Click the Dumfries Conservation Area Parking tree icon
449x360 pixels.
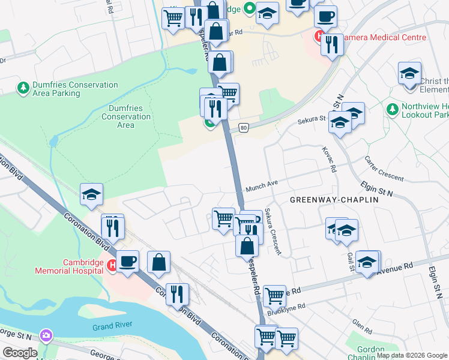point(23,89)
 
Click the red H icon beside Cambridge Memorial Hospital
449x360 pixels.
point(112,265)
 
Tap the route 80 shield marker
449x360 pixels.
point(243,127)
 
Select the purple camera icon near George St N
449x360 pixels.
point(45,334)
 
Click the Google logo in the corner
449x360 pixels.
point(19,353)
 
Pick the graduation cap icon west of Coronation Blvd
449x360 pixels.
point(92,194)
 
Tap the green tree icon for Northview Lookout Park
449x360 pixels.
point(393,110)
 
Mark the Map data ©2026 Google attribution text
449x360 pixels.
point(412,355)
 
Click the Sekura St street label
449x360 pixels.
point(312,121)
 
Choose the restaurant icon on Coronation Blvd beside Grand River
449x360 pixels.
point(177,293)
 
